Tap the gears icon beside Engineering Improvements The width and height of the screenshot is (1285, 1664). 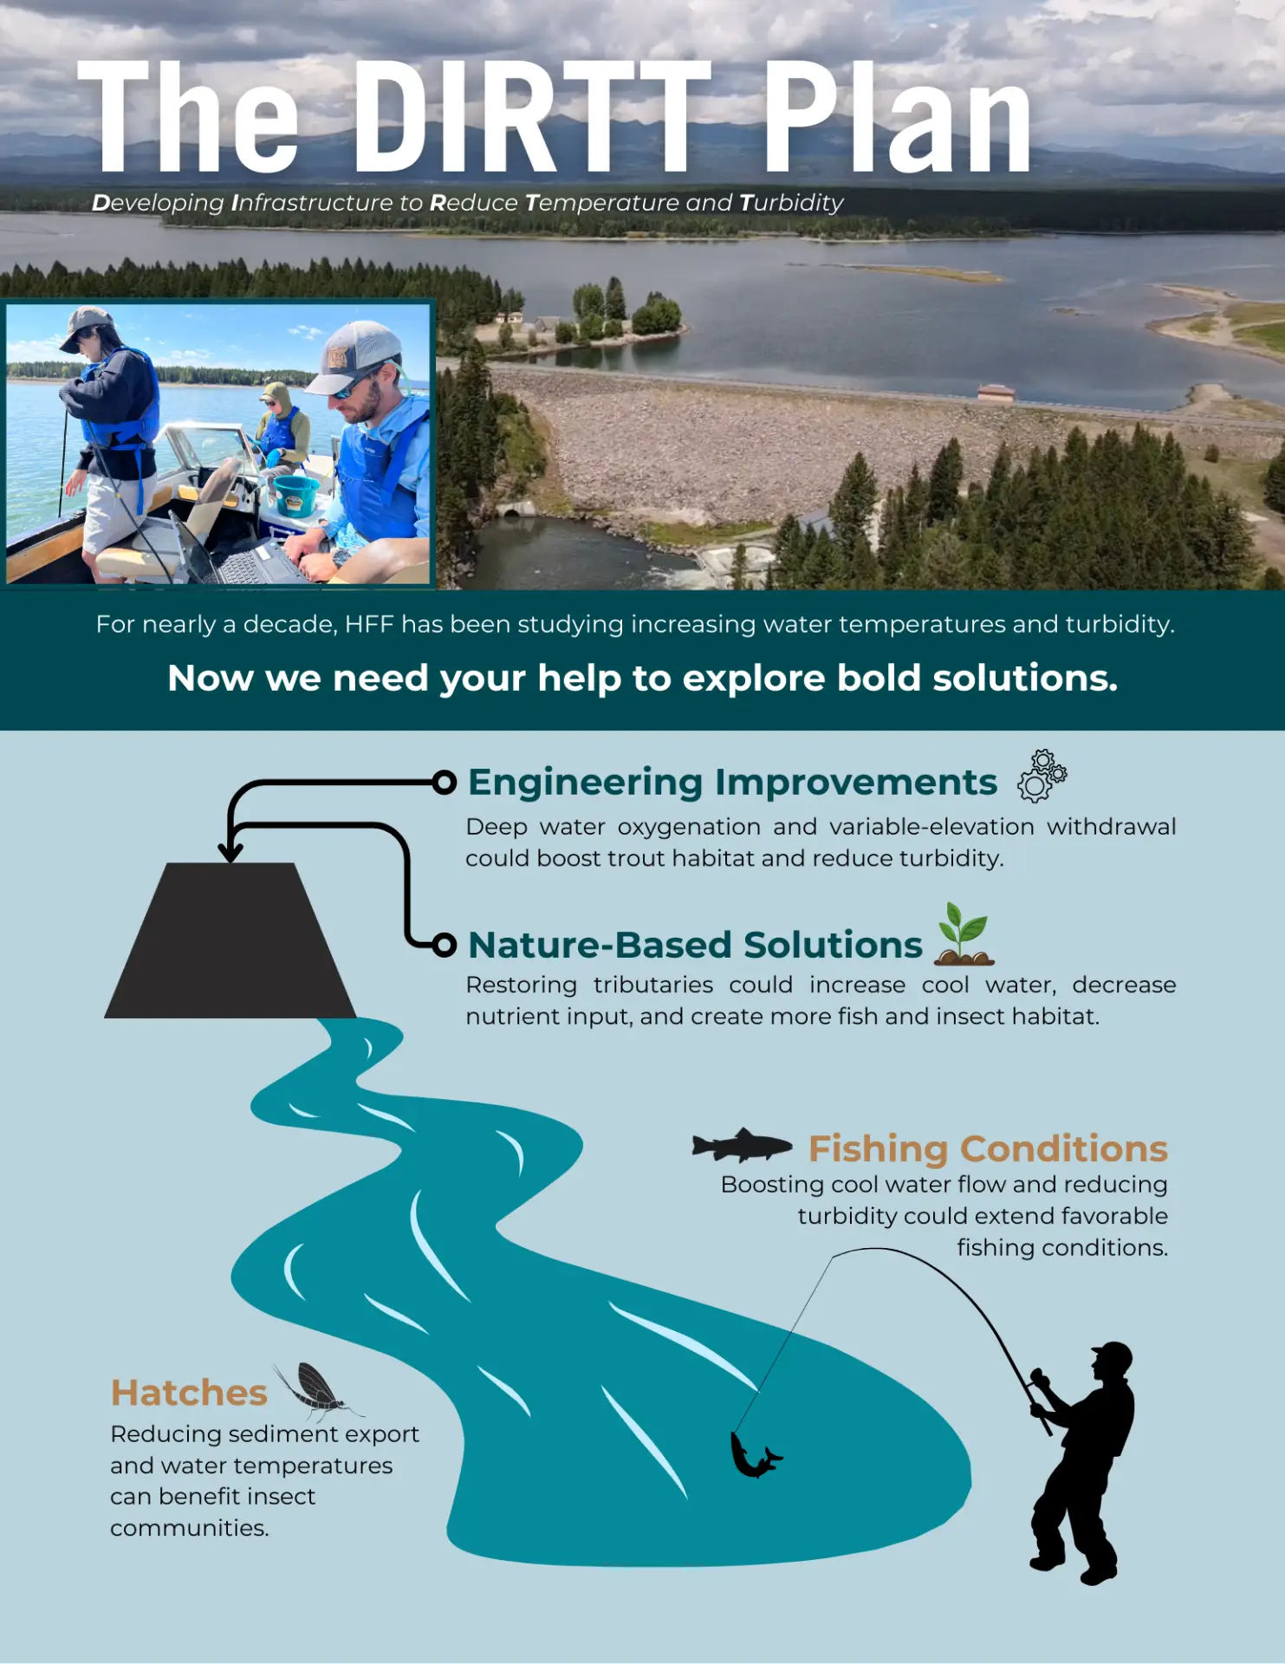(1042, 776)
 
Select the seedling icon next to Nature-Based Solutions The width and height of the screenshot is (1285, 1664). (964, 934)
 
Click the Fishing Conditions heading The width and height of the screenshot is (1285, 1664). (988, 1148)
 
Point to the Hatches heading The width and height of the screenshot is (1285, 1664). (189, 1393)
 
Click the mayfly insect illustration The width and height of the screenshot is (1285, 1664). (317, 1391)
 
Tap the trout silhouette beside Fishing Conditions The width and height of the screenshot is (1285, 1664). (742, 1145)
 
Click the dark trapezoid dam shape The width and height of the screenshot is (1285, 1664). (230, 940)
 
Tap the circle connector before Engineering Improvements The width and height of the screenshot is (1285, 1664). (445, 783)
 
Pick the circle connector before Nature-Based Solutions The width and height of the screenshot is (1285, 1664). (445, 945)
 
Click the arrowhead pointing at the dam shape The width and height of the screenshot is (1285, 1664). (230, 851)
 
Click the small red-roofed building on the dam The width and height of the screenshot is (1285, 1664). (996, 393)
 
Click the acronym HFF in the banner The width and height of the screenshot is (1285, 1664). (369, 624)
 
